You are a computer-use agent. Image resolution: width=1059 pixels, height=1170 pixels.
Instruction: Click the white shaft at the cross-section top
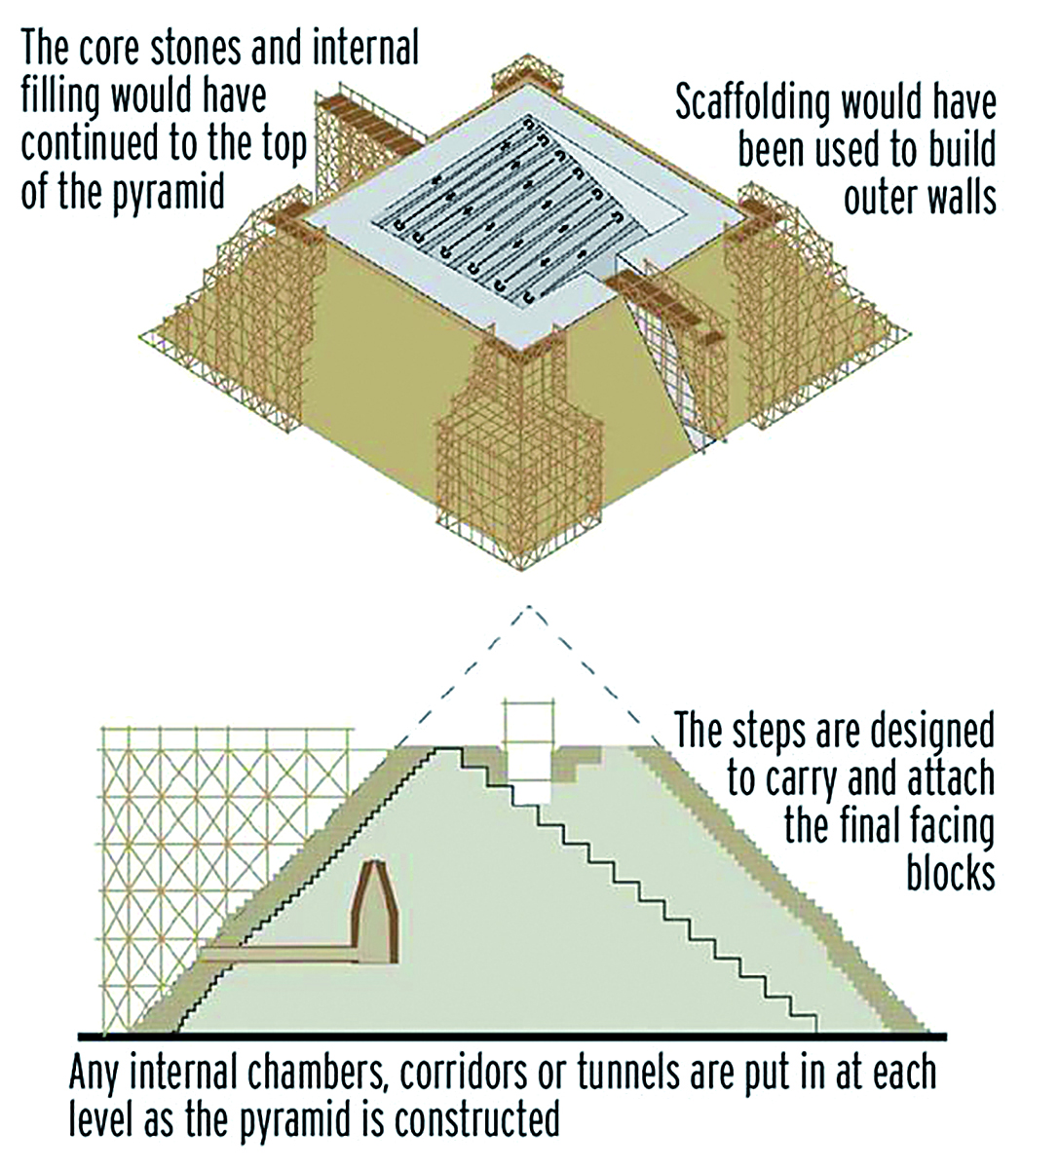[526, 745]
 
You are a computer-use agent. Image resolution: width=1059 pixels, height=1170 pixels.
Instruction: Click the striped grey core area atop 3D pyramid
[507, 209]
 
